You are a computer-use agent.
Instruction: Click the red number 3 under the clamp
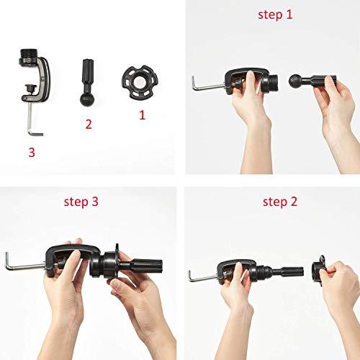click(31, 153)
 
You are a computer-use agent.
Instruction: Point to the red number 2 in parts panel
click(89, 124)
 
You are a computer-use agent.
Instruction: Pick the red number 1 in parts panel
click(141, 113)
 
